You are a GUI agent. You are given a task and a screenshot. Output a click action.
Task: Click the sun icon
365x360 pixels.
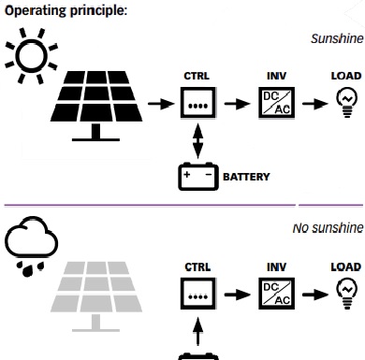31,56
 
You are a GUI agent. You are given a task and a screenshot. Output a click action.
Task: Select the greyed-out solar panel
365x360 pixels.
96,296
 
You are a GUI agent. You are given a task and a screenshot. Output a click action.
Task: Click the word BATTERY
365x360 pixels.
246,177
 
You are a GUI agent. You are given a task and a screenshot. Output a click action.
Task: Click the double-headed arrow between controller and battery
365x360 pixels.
197,141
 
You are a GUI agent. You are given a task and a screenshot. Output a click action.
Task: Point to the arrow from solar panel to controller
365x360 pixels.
161,104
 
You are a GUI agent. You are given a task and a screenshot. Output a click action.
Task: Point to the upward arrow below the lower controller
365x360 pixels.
197,331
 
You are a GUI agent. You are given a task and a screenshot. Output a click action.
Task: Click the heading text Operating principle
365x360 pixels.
66,10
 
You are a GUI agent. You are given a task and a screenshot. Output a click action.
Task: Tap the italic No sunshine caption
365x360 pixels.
328,228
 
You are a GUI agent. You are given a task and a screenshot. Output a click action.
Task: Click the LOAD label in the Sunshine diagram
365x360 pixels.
346,76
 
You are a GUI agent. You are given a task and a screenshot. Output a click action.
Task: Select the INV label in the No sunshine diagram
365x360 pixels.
276,267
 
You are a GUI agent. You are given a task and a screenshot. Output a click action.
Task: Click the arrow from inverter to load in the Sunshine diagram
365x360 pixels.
315,104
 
